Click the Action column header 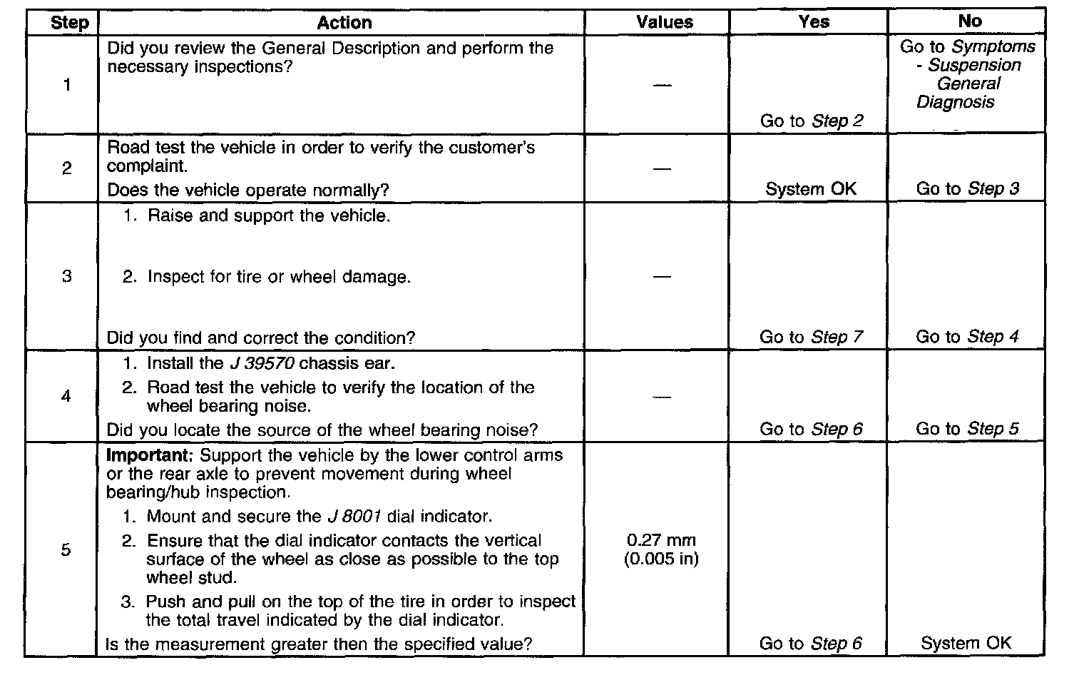point(344,23)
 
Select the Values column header point(664,22)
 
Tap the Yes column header point(814,22)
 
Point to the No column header point(969,21)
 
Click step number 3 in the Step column point(66,276)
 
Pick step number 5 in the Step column point(66,549)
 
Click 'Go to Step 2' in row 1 point(811,121)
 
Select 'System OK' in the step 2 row point(811,189)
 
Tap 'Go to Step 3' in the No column point(967,189)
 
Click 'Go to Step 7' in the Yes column point(811,337)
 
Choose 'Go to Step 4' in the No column point(967,337)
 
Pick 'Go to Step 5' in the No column point(967,429)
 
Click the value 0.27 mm point(661,540)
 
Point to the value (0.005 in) point(661,559)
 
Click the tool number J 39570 point(262,363)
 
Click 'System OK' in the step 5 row point(966,643)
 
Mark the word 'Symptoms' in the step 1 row point(994,47)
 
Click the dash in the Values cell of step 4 point(662,397)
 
